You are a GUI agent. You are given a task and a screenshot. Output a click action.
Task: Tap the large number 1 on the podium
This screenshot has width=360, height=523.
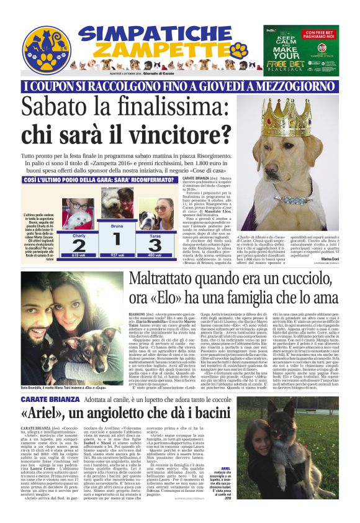(x=116, y=239)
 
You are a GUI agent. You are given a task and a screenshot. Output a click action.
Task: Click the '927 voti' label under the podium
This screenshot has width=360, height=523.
(x=115, y=255)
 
